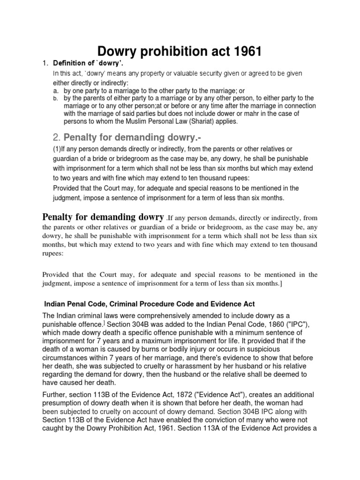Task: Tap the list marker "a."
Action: [55, 90]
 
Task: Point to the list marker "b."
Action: [55, 98]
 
